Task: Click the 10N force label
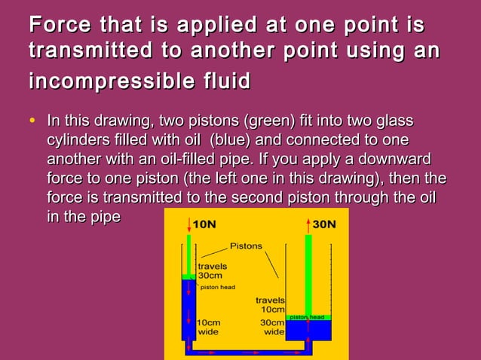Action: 204,224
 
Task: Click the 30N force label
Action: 325,224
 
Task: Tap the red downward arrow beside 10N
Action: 188,224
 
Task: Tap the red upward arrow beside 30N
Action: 308,224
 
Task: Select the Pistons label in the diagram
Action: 246,246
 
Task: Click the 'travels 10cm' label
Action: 270,305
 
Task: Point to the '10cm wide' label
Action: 208,327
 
